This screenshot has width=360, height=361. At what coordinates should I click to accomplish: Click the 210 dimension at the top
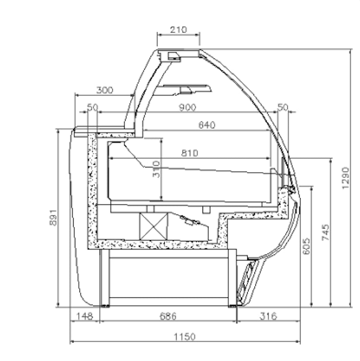coord(178,30)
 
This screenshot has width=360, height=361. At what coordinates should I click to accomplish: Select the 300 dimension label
coord(105,90)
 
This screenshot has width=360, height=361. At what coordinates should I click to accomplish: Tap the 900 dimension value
coord(188,107)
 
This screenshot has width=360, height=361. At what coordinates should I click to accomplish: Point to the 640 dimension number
coord(207,125)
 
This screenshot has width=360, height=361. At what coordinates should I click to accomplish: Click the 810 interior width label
coord(189,153)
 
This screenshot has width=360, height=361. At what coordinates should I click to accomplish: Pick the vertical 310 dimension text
coord(156,169)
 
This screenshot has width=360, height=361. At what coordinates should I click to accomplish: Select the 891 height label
coord(53,218)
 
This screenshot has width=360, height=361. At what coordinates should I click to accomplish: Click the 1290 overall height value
coord(346,178)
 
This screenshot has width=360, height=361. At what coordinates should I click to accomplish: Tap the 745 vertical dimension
coord(325,232)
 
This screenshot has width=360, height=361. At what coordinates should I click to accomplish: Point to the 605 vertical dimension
coord(306,246)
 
